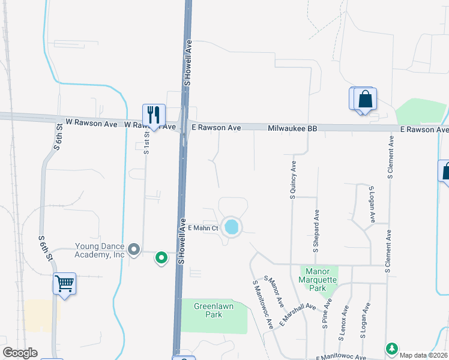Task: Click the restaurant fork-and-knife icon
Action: click(153, 114)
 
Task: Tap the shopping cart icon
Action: click(64, 283)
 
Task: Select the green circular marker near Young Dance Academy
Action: click(161, 258)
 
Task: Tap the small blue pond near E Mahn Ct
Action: click(231, 227)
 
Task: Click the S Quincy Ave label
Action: click(293, 179)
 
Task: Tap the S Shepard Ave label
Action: click(316, 229)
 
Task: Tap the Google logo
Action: click(20, 353)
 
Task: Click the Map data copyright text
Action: click(424, 355)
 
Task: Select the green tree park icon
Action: click(391, 348)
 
